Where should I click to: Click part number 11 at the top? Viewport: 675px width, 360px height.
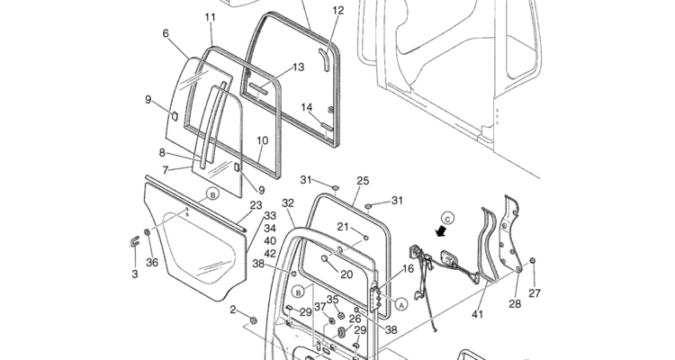click(210, 17)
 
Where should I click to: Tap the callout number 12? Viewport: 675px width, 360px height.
click(337, 11)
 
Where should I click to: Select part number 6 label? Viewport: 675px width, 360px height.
click(166, 33)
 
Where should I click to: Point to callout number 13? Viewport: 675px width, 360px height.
click(299, 67)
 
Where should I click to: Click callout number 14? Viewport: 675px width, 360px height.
click(307, 108)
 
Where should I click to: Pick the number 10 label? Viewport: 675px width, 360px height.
click(262, 140)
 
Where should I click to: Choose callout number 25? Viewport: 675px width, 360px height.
click(363, 180)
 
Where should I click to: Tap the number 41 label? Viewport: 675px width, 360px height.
click(478, 315)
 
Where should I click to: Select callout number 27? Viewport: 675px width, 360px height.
click(535, 293)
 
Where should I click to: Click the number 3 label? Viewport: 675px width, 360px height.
click(135, 274)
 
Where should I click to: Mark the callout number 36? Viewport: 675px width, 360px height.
click(152, 263)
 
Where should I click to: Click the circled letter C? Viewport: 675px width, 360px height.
click(448, 217)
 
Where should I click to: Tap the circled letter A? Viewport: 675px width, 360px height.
click(400, 304)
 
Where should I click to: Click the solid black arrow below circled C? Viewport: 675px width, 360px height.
click(441, 231)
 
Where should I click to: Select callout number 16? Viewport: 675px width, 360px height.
click(408, 268)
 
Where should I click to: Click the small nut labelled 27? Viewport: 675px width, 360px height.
click(533, 262)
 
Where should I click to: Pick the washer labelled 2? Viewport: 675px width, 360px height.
click(253, 320)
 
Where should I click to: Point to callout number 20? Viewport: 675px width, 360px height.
click(346, 274)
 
